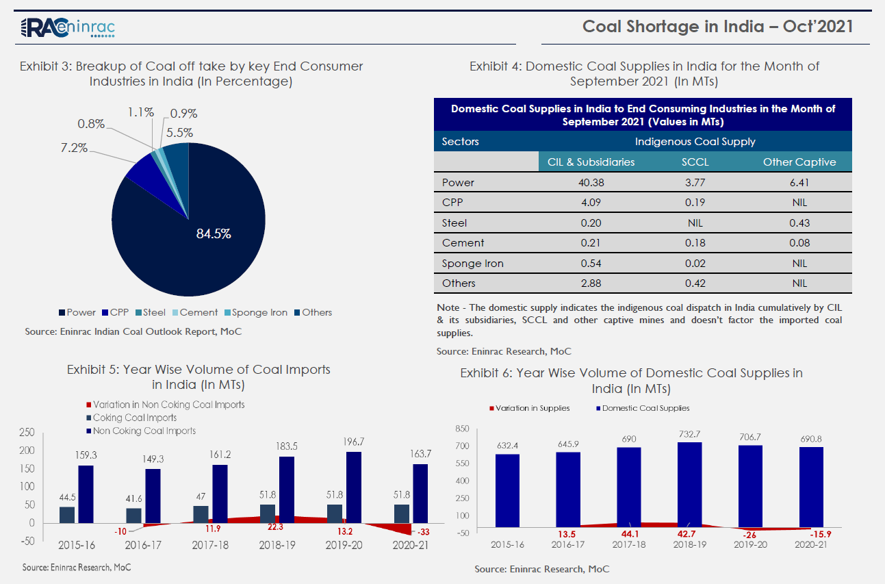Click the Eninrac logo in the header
pyautogui.click(x=68, y=27)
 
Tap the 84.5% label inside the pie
pyautogui.click(x=214, y=233)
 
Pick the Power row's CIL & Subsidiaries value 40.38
pyautogui.click(x=591, y=183)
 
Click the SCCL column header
pyautogui.click(x=695, y=162)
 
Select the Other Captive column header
pyautogui.click(x=799, y=162)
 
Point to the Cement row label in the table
pyautogui.click(x=463, y=243)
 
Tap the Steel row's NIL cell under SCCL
pyautogui.click(x=695, y=223)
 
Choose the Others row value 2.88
pyautogui.click(x=591, y=283)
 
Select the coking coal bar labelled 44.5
pyautogui.click(x=66, y=514)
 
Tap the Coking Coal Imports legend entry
pyautogui.click(x=135, y=418)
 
